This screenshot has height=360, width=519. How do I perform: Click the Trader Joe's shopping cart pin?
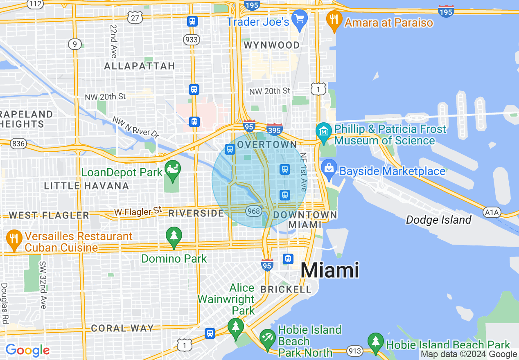(x=300, y=20)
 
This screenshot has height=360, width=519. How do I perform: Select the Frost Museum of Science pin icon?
(x=324, y=133)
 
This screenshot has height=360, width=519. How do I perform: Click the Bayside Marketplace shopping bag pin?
(x=329, y=169)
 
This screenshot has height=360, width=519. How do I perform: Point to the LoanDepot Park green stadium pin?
(x=173, y=170)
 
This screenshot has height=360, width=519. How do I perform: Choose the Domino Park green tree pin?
(x=174, y=236)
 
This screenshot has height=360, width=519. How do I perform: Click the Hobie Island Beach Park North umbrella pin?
(x=268, y=338)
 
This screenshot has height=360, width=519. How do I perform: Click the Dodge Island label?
(x=438, y=220)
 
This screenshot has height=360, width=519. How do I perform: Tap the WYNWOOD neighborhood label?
(x=272, y=45)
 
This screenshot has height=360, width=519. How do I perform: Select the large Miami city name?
(x=330, y=270)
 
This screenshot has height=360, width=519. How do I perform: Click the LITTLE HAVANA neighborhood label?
(x=86, y=186)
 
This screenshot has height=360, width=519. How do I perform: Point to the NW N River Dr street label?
(x=135, y=128)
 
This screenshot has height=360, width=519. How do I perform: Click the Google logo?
(x=27, y=350)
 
